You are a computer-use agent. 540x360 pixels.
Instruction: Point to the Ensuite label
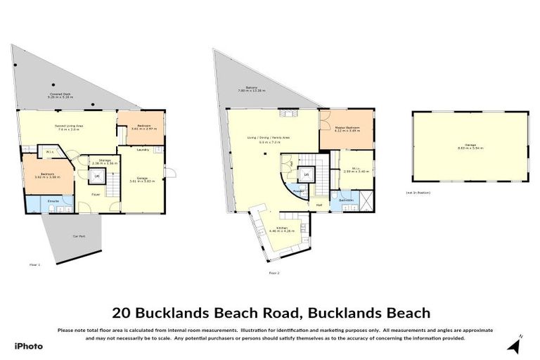pyautogui.click(x=34, y=201)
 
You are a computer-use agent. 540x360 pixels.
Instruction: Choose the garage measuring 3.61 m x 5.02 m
pyautogui.click(x=140, y=179)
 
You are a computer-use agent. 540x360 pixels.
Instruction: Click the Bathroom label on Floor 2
pyautogui.click(x=346, y=200)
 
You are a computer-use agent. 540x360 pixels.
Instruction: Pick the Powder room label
pyautogui.click(x=298, y=191)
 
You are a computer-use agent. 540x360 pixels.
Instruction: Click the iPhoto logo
pyautogui.click(x=28, y=346)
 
